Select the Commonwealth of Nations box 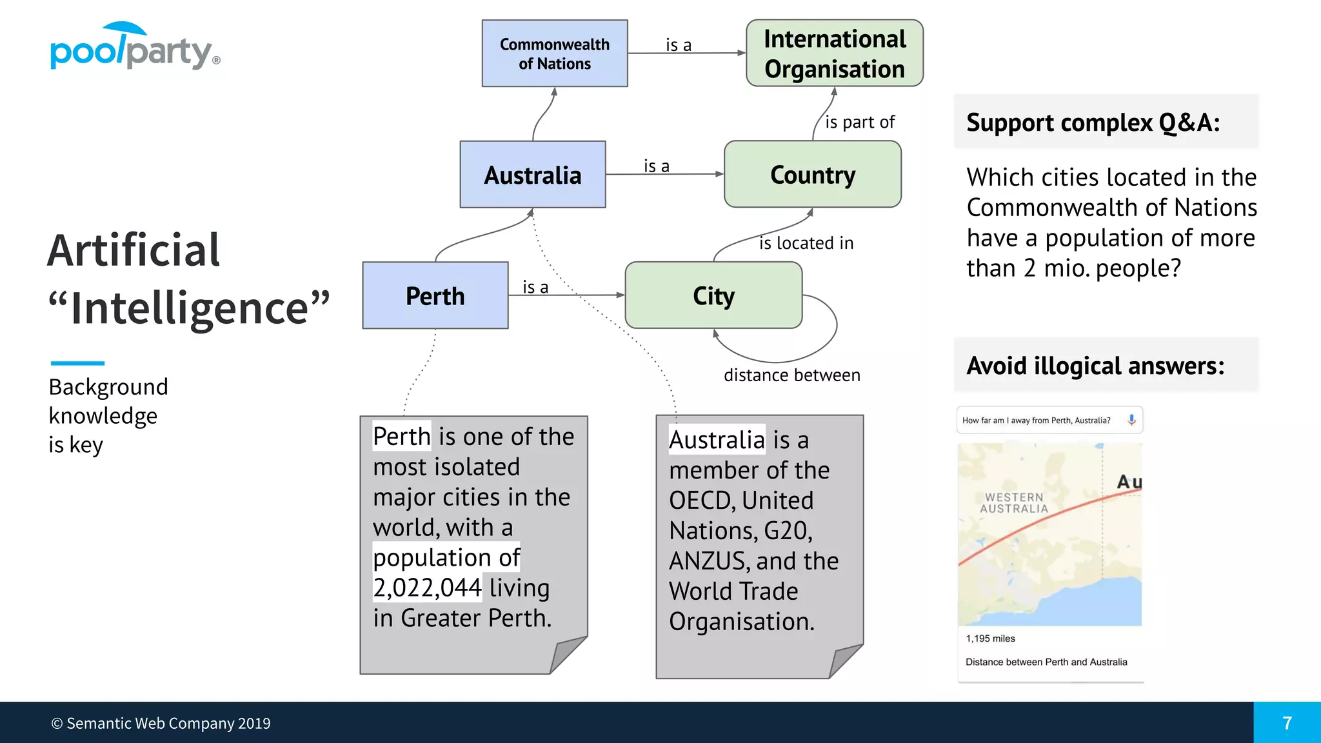pos(555,54)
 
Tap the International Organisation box pos(835,54)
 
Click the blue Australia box pos(533,175)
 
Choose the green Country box pos(813,175)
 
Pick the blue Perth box pos(435,296)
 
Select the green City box pos(713,296)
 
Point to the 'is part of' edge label pos(860,122)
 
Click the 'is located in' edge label pos(806,243)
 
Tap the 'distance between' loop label pos(792,375)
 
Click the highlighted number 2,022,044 pos(427,588)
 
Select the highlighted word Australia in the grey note pos(717,440)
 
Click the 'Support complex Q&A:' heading pos(1093,123)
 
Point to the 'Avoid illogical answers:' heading pos(1095,366)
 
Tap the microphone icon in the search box pos(1131,420)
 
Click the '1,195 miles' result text pos(990,639)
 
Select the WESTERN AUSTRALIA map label pos(1014,503)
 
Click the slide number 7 pos(1287,723)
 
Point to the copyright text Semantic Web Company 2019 pos(161,724)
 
